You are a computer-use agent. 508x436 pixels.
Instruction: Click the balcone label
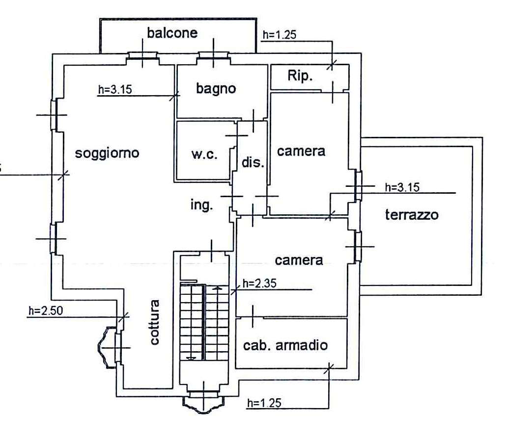click(172, 33)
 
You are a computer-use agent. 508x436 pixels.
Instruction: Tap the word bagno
click(216, 89)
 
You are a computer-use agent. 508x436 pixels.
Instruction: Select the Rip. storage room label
click(300, 76)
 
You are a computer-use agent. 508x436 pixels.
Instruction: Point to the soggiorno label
click(107, 153)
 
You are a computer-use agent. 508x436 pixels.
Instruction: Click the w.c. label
click(204, 154)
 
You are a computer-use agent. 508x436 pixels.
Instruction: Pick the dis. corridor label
click(253, 162)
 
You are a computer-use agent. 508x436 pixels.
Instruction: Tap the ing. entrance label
click(201, 205)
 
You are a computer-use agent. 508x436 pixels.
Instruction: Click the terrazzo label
click(412, 214)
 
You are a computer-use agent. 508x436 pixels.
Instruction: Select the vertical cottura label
click(155, 322)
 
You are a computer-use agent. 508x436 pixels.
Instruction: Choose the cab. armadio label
click(285, 345)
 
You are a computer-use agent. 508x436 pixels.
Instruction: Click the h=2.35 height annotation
click(259, 283)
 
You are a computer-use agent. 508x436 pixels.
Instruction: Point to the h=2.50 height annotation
click(46, 310)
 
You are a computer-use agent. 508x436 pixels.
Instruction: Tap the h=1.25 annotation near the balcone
click(279, 35)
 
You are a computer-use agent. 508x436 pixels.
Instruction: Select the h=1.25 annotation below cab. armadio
click(264, 403)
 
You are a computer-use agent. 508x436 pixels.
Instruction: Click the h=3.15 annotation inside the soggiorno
click(115, 90)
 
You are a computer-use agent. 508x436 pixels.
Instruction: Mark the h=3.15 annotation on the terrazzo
click(402, 187)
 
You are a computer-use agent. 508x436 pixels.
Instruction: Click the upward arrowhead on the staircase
click(218, 288)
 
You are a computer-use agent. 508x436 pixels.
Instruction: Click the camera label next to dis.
click(301, 152)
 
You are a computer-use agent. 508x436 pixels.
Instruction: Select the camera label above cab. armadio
click(299, 260)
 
